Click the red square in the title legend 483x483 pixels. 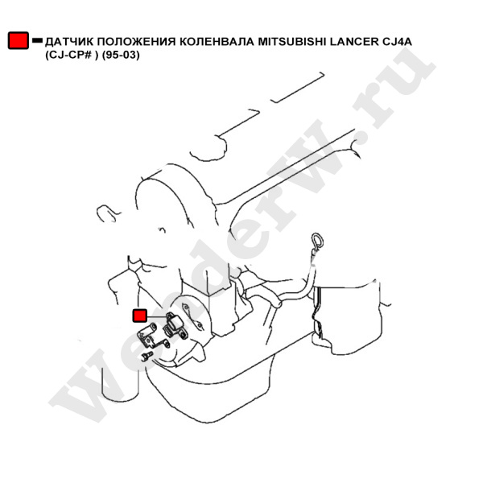click(19, 40)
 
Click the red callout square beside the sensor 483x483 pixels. click(139, 316)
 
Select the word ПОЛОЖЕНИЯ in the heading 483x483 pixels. click(137, 41)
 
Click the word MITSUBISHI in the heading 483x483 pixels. click(292, 41)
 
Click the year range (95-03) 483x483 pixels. click(121, 55)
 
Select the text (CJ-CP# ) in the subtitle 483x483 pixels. click(72, 55)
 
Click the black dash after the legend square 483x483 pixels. click(37, 40)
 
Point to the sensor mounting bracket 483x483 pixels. click(152, 336)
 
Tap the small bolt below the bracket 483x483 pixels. click(147, 356)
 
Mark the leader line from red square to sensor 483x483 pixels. click(157, 316)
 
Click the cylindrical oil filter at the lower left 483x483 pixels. click(120, 383)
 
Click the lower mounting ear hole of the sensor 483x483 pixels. click(184, 333)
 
